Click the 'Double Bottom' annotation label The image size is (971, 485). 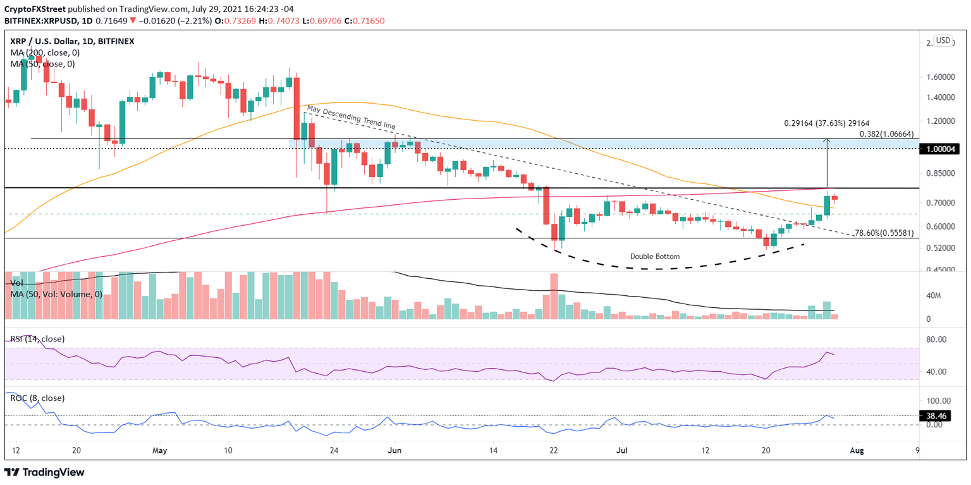pos(655,257)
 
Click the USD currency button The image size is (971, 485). pos(943,40)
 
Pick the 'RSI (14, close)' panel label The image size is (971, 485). pos(37,339)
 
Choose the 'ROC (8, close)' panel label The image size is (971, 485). pos(36,398)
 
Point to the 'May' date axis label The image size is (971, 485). pos(159,451)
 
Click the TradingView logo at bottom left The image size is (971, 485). pos(44,472)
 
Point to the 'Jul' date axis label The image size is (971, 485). pos(621,451)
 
